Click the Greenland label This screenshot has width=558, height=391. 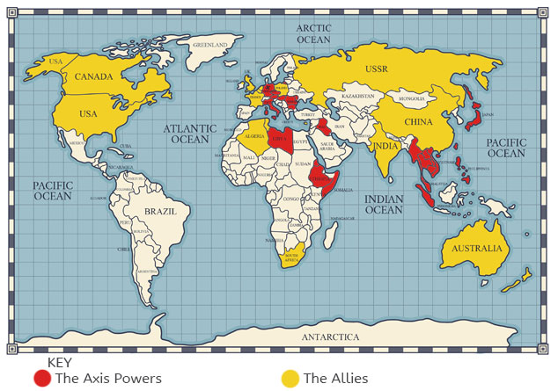(212, 44)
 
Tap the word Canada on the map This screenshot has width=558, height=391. (93, 76)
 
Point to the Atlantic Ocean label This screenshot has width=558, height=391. (186, 134)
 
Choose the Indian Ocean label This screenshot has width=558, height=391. (384, 205)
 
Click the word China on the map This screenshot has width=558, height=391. (417, 121)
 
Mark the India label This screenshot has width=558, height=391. (385, 146)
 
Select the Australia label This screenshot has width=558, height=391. (478, 249)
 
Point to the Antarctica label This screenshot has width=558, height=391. (330, 337)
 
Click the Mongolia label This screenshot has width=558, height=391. (409, 99)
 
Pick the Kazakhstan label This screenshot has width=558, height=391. (358, 95)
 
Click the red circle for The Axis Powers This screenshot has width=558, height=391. (42, 379)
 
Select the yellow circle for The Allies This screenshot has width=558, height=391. (290, 379)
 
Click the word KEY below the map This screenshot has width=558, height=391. (59, 362)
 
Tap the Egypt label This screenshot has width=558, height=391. (300, 140)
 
